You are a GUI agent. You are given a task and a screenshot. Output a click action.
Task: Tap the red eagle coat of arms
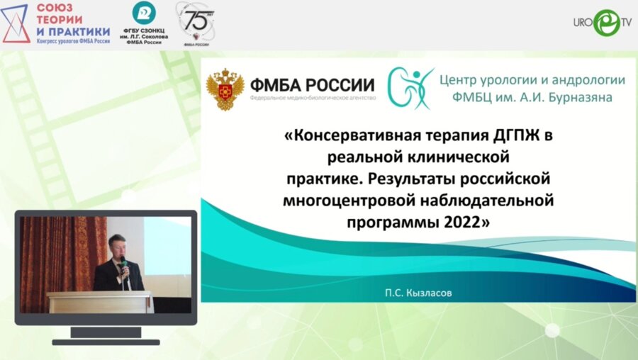click(225, 89)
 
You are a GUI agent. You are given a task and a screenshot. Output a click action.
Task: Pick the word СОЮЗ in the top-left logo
click(57, 9)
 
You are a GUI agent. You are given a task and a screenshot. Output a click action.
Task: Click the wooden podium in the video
click(99, 301)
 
